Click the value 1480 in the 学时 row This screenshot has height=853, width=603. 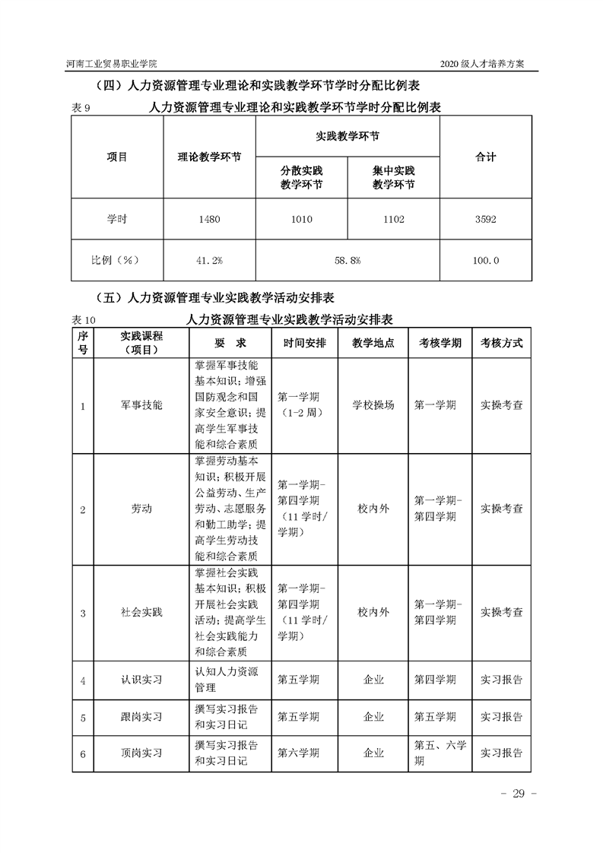coord(209,220)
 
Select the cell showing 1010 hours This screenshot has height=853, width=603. coord(301,220)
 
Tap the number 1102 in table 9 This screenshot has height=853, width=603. coord(394,220)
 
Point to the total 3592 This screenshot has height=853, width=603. coord(486,220)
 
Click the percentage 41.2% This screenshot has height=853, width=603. coord(209,261)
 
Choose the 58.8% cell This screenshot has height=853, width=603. coord(348,261)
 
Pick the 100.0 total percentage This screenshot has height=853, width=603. coord(486,261)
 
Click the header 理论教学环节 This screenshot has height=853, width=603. coord(210,157)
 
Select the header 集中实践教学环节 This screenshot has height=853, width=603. coord(394,177)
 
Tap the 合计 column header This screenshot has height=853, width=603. coord(486,157)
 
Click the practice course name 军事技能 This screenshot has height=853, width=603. coord(141,406)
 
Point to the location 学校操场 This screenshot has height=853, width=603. coord(373,406)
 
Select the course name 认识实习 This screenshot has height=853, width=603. coord(141,680)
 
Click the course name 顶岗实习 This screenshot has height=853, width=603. coord(141,753)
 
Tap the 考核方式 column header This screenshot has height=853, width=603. coord(502,343)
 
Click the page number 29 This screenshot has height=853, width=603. coord(519,794)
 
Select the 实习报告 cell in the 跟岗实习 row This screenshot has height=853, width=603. coord(502,717)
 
